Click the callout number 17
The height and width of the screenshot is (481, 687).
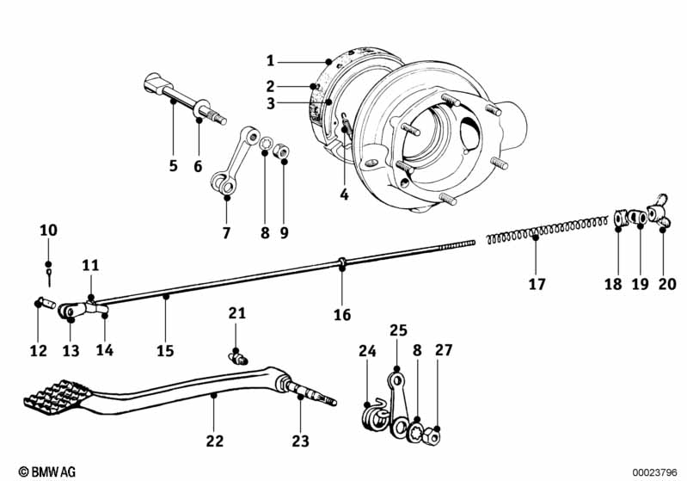(537, 283)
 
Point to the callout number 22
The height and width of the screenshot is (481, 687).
(214, 441)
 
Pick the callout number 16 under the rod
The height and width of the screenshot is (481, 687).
(342, 315)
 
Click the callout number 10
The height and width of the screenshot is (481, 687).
(48, 231)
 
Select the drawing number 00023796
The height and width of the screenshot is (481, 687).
(657, 472)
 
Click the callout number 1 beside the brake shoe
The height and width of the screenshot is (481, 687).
(270, 61)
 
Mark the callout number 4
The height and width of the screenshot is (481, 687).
(344, 194)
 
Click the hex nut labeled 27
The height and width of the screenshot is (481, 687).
(432, 435)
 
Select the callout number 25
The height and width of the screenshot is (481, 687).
(397, 330)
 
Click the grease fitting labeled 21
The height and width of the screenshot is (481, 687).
(238, 356)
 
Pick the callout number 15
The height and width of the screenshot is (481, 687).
(165, 351)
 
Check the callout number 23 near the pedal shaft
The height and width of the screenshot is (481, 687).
(301, 441)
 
